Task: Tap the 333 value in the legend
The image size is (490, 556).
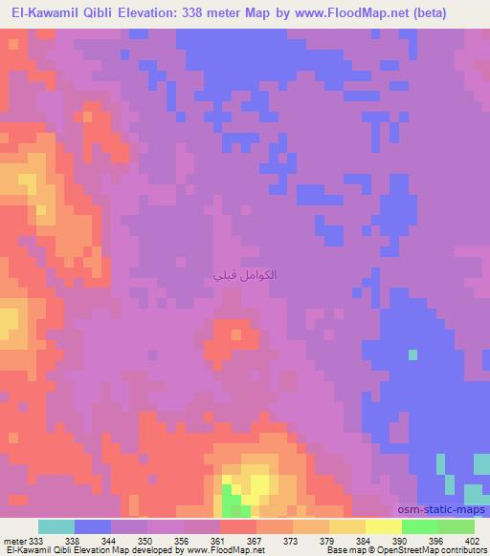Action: (x=38, y=540)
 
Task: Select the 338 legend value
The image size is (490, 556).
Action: (x=71, y=540)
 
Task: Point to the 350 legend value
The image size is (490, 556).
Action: (x=144, y=540)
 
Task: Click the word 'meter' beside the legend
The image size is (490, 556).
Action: (x=14, y=540)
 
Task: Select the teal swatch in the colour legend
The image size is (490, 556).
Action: (x=56, y=526)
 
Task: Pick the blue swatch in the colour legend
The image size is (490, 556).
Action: (x=93, y=526)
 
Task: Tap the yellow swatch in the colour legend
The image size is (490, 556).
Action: (x=383, y=526)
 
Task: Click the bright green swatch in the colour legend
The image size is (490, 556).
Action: (x=419, y=526)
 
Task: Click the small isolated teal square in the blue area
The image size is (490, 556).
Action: (x=412, y=354)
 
